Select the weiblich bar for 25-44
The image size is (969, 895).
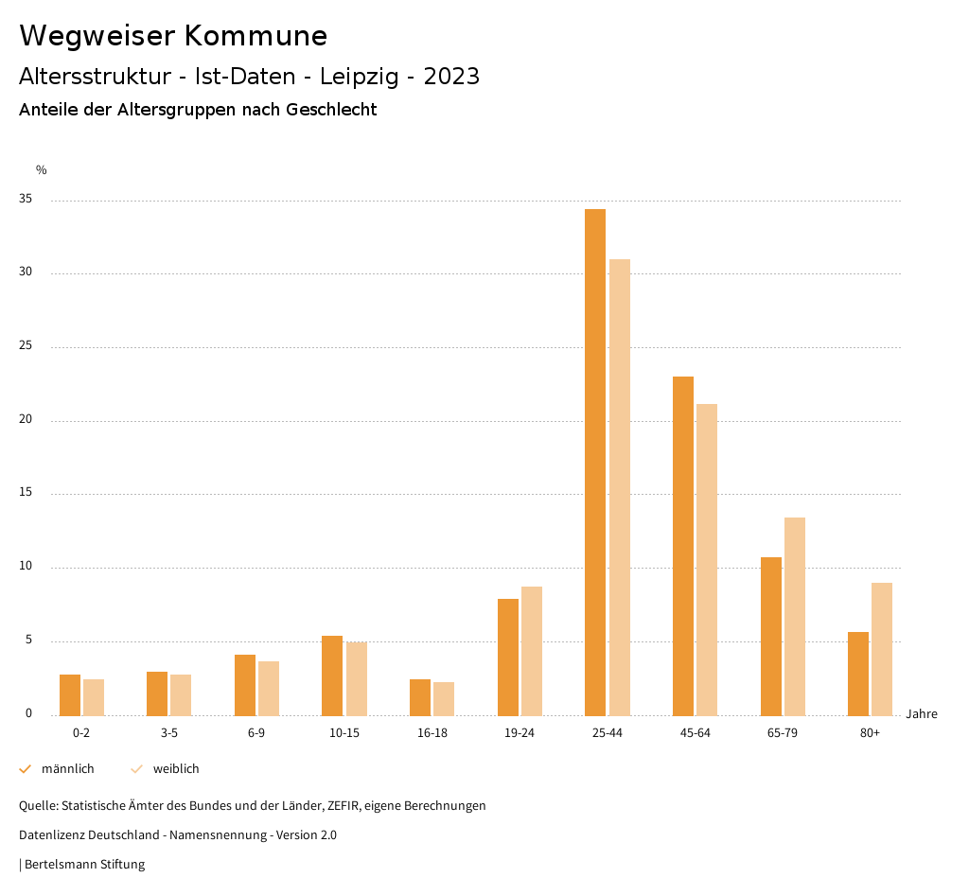tap(620, 487)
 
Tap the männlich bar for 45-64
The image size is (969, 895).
tap(683, 546)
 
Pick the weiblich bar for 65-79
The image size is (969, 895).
tap(795, 616)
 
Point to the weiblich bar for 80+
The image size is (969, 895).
tap(882, 649)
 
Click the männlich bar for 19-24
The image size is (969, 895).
tap(508, 657)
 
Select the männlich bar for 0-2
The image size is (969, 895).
tap(70, 694)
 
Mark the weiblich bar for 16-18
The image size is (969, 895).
tap(444, 698)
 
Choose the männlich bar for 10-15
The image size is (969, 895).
tap(332, 676)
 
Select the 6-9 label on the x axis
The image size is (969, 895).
tap(256, 733)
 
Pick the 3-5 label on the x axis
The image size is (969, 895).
tap(168, 733)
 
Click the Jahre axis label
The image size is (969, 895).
tap(921, 714)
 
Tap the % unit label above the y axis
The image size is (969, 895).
tap(41, 170)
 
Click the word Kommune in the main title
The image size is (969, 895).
tap(256, 36)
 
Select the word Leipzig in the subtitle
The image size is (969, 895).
tap(360, 77)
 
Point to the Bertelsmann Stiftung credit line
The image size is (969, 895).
tap(84, 865)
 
